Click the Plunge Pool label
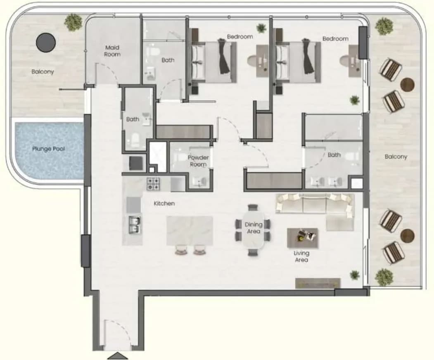click(48, 149)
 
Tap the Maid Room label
click(112, 51)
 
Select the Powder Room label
click(198, 161)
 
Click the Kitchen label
click(164, 204)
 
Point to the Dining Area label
click(254, 228)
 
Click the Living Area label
click(301, 256)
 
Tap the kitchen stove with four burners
click(153, 184)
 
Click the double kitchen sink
click(135, 225)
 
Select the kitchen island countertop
click(190, 230)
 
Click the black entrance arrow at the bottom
click(117, 356)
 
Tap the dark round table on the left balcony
click(46, 43)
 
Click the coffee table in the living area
click(302, 238)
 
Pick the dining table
click(254, 230)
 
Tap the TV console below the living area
click(318, 283)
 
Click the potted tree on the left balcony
click(74, 22)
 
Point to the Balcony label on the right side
click(396, 156)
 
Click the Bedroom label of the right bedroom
click(335, 39)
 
